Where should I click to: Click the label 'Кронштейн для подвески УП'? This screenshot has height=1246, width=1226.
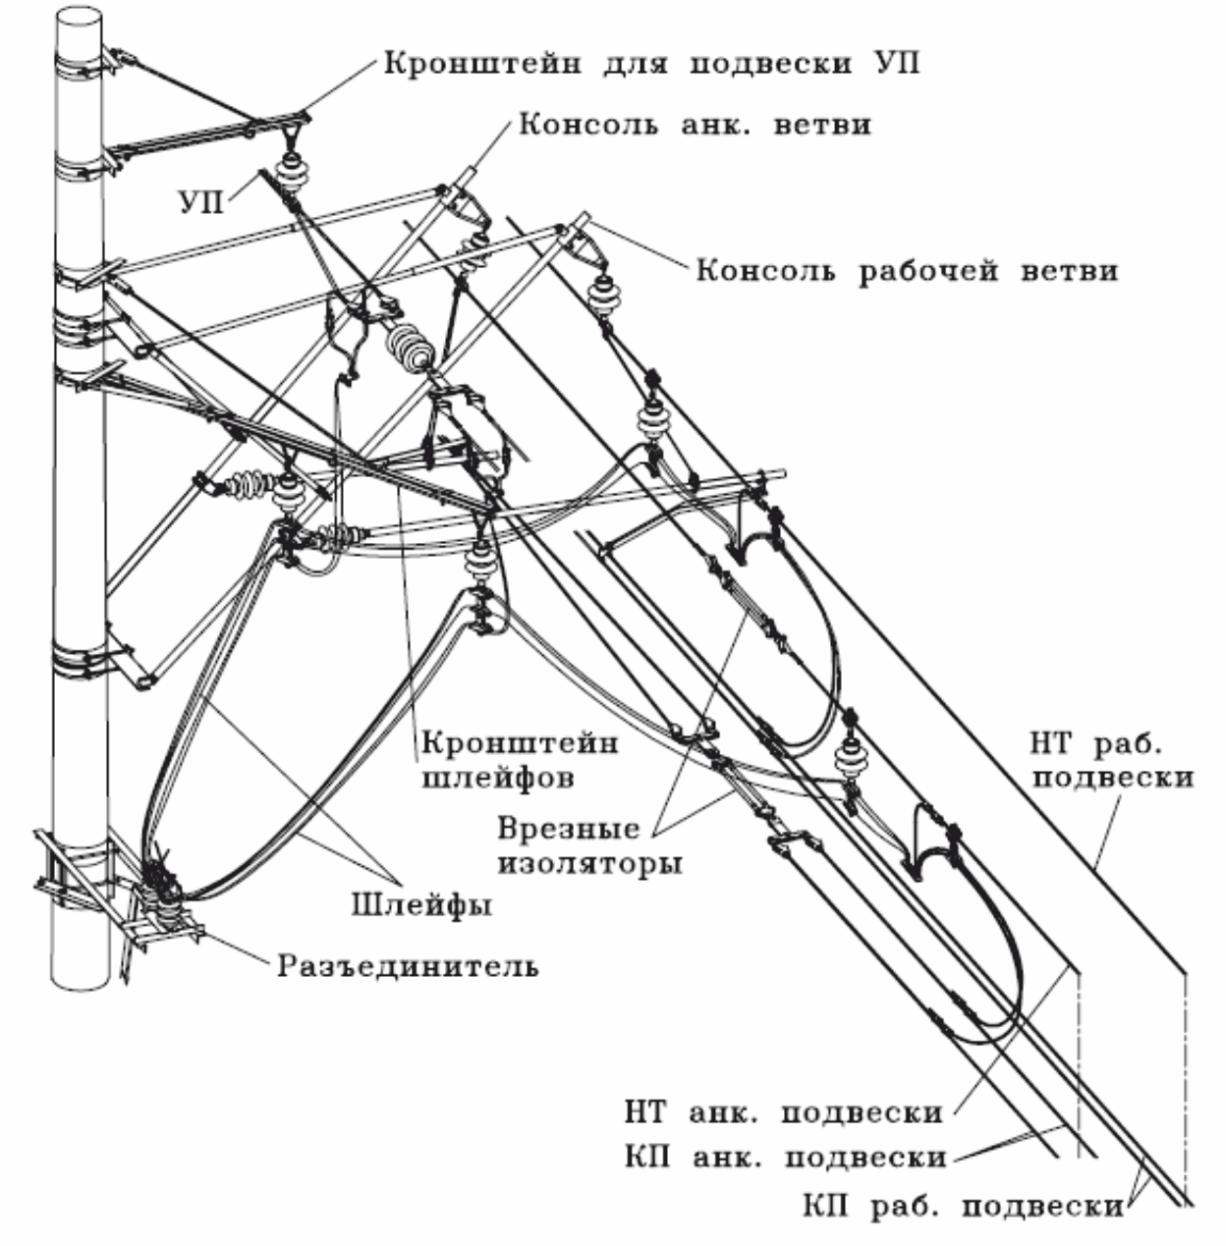pos(651,64)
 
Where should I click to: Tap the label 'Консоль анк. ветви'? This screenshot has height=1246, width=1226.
pos(695,124)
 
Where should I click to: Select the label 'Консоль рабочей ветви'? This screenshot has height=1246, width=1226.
pos(907,270)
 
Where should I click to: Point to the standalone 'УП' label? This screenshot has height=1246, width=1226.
pos(200,202)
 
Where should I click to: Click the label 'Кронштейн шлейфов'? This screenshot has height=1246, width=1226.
pos(520,760)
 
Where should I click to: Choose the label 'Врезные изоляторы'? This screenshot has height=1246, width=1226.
pos(589,846)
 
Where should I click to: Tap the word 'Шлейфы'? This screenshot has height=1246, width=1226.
pos(421,904)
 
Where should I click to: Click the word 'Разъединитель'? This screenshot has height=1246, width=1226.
pos(409,967)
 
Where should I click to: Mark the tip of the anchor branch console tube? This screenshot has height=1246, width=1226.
pos(473,173)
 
